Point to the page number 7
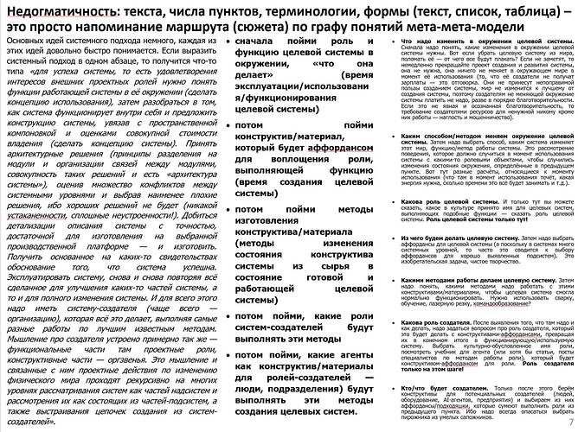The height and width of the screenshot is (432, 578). pos(569,422)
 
